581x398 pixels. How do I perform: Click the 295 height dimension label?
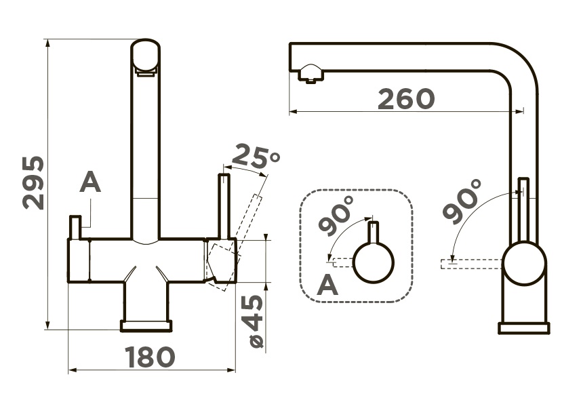(x=34, y=183)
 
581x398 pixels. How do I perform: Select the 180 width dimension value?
(x=150, y=357)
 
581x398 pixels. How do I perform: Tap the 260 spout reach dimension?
(x=406, y=99)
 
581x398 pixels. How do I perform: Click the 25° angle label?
(x=256, y=157)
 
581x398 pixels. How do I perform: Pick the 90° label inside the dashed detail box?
(x=336, y=216)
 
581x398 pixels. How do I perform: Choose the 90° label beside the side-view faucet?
(x=462, y=201)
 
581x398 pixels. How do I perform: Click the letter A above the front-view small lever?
(x=90, y=182)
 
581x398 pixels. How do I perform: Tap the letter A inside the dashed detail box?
(x=327, y=284)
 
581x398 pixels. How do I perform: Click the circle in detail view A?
(x=373, y=263)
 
